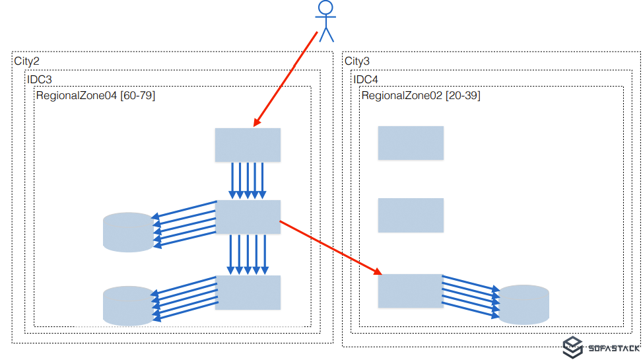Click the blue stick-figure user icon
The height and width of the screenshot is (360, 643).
pyautogui.click(x=325, y=21)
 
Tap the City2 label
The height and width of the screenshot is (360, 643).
pyautogui.click(x=27, y=61)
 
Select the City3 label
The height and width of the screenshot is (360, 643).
pyautogui.click(x=357, y=61)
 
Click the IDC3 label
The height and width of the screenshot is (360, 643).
pyautogui.click(x=40, y=79)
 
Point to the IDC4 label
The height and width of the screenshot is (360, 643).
pyautogui.click(x=366, y=79)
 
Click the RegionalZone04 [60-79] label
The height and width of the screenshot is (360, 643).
pyautogui.click(x=95, y=96)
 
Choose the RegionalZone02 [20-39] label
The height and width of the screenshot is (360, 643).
pyautogui.click(x=421, y=96)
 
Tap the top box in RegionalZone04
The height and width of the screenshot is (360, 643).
pyautogui.click(x=248, y=145)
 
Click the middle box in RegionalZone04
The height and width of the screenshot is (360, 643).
pyautogui.click(x=248, y=217)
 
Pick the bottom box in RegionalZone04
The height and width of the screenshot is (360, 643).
pyautogui.click(x=248, y=292)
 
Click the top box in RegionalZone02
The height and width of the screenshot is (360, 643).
pyautogui.click(x=411, y=143)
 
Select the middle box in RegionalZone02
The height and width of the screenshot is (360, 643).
pyautogui.click(x=411, y=215)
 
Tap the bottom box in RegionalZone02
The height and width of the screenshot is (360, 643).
pyautogui.click(x=410, y=291)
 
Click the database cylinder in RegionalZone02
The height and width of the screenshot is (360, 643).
pyautogui.click(x=524, y=305)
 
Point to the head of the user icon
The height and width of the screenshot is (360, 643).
pyautogui.click(x=325, y=8)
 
